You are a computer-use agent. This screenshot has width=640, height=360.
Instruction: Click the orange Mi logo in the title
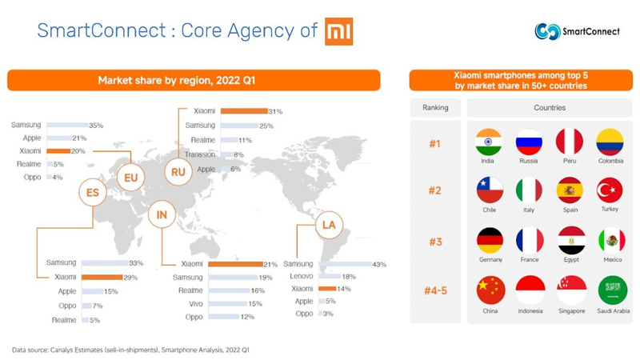[x=338, y=32]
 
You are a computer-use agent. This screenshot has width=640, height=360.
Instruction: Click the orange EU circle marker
[x=130, y=177]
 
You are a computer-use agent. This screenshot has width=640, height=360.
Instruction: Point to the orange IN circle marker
[x=162, y=214]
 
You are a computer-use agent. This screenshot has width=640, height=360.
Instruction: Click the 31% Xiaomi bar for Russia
[x=243, y=111]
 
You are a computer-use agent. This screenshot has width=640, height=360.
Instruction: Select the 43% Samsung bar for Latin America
[x=344, y=264]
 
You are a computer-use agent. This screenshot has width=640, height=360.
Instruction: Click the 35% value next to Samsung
[x=96, y=126]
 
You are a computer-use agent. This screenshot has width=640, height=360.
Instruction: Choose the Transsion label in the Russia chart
[x=200, y=155]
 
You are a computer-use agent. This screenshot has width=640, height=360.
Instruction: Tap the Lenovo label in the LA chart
[x=300, y=276]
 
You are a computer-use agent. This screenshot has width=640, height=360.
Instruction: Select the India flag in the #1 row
[x=488, y=142]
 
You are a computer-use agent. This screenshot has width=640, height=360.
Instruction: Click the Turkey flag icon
[x=610, y=190]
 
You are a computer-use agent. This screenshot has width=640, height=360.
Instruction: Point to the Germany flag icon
[x=490, y=240]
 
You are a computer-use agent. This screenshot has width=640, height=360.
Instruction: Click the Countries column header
[x=549, y=107]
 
